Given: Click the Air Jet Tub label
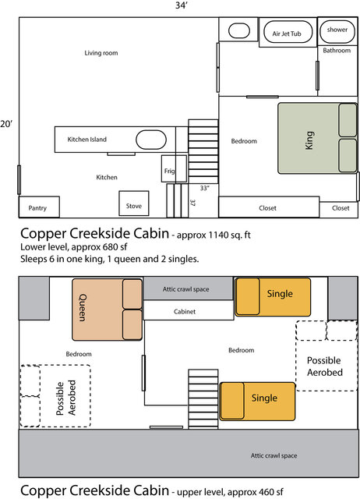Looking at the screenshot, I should (x=285, y=34).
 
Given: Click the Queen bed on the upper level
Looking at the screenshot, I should (x=108, y=310).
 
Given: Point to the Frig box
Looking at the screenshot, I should (x=169, y=169).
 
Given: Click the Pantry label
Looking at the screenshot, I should (x=38, y=208).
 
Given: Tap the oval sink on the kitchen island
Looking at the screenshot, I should (x=150, y=140).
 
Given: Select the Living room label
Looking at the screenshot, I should (x=101, y=53).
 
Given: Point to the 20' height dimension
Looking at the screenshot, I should (x=7, y=124).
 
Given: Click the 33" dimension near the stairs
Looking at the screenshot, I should (x=204, y=188).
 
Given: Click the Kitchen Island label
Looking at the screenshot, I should (x=87, y=140).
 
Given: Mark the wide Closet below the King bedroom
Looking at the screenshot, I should (x=267, y=207).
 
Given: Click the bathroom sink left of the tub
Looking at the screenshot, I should (x=237, y=31).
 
